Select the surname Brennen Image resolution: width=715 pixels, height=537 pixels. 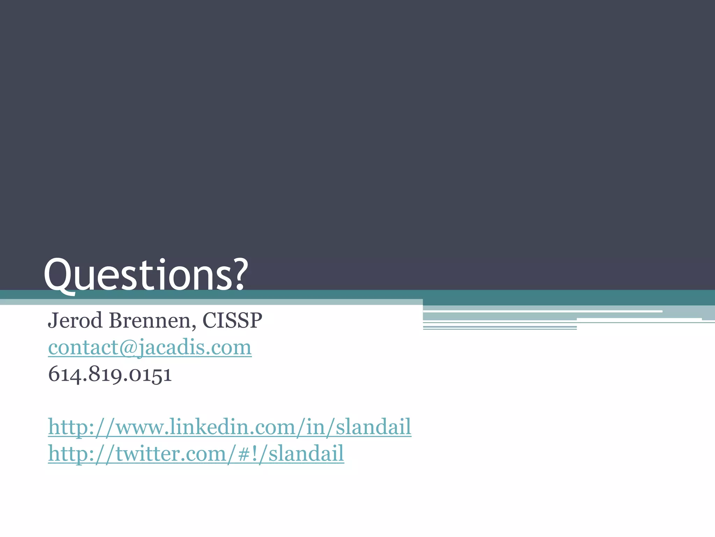149,320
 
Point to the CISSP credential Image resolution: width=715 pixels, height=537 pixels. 232,320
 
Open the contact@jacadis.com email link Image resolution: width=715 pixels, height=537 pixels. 150,348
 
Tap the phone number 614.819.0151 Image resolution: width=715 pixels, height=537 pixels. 110,374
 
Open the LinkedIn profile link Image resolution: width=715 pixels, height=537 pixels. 229,427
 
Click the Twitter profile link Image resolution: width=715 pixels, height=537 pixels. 196,454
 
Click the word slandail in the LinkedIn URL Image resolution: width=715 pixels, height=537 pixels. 373,427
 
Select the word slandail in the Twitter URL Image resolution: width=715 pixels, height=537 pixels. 306,454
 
